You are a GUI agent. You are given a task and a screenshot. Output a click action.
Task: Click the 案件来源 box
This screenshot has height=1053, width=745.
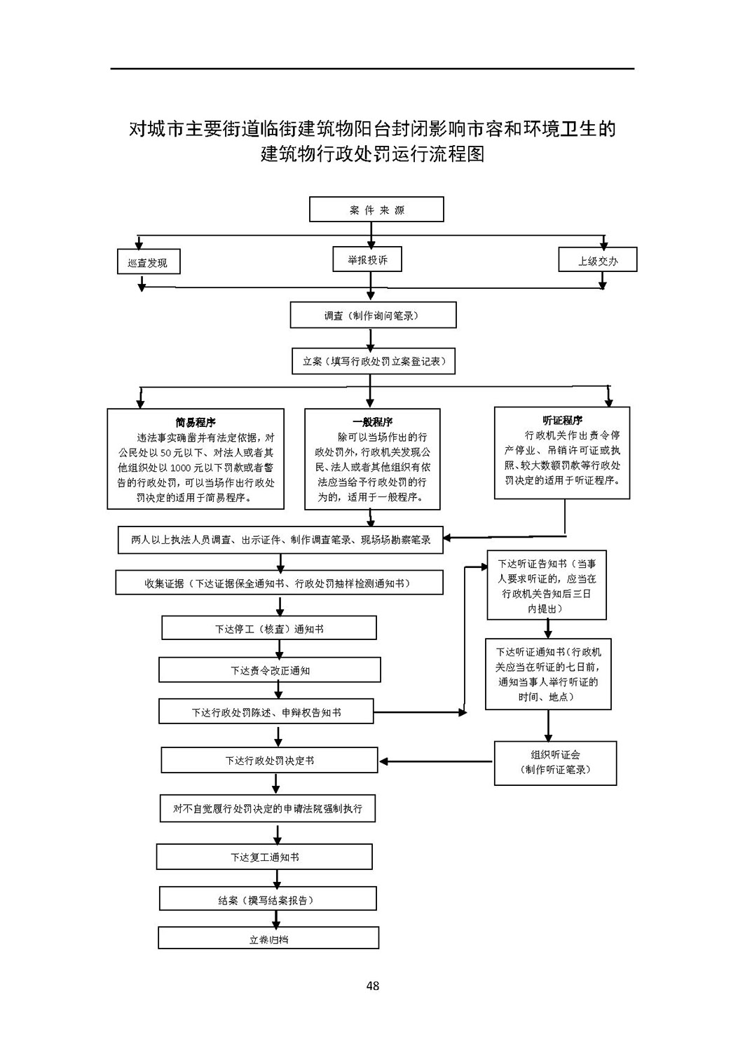376,209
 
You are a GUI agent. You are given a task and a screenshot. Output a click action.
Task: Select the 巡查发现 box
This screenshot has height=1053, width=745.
149,261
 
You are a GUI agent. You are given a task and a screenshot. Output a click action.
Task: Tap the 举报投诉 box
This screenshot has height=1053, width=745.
367,259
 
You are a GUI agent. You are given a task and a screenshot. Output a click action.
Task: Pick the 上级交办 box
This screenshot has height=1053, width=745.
597,259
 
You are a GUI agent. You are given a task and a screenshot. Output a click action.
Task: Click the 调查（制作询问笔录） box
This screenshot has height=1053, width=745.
373,315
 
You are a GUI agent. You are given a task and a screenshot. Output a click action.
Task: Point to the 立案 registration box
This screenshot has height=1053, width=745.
374,361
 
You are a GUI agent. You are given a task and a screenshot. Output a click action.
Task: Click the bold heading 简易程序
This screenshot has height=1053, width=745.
196,422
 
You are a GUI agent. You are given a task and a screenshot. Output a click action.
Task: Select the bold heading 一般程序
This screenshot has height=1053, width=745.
372,421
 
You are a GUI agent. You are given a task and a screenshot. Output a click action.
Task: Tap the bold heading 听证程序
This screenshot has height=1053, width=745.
562,420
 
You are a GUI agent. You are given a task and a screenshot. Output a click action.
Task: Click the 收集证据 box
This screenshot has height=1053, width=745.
279,583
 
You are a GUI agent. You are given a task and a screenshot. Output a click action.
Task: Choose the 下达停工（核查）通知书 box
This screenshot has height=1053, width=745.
269,628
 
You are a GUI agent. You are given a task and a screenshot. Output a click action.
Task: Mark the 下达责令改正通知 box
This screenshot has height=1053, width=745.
269,670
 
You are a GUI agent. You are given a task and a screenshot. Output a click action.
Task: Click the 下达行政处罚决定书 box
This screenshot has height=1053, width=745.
269,760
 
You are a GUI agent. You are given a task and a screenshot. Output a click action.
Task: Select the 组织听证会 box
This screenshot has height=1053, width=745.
555,763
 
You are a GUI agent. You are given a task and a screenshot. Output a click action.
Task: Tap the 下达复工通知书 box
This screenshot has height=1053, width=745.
264,857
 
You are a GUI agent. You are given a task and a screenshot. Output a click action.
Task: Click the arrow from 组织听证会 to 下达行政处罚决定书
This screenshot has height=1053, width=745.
436,761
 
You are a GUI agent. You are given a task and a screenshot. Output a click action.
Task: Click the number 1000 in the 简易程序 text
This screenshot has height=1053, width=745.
180,468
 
